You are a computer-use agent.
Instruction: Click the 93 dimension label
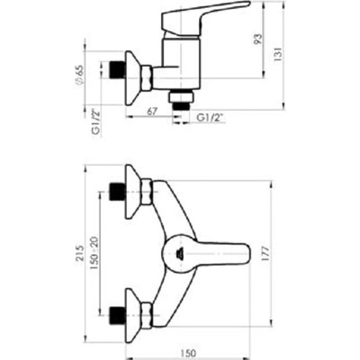click(258, 40)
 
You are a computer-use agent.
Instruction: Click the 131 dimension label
click(278, 54)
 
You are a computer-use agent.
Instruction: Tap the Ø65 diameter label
click(79, 75)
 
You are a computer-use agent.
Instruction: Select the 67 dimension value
click(152, 112)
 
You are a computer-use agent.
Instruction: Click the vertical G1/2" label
click(96, 121)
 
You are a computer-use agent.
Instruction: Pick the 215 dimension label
click(80, 253)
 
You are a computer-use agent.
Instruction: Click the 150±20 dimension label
click(94, 253)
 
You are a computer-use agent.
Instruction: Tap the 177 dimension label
click(265, 254)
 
